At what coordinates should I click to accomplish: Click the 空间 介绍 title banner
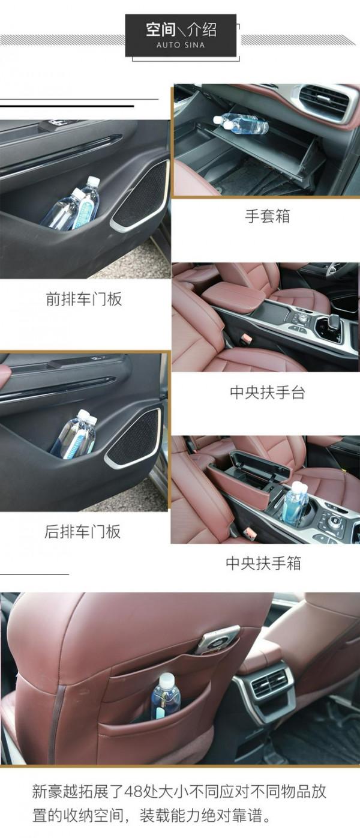coord(181,35)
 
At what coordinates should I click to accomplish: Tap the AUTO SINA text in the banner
coord(181,45)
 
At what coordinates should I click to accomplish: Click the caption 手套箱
coord(267,216)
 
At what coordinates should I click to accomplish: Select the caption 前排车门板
coord(84,299)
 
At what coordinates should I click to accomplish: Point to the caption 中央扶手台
coord(267,393)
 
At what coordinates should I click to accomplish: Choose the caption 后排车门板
coord(83,531)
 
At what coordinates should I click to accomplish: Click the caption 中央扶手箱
coord(263,563)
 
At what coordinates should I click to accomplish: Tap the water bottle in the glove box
coord(241,123)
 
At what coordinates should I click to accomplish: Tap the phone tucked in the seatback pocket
coord(217,640)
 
